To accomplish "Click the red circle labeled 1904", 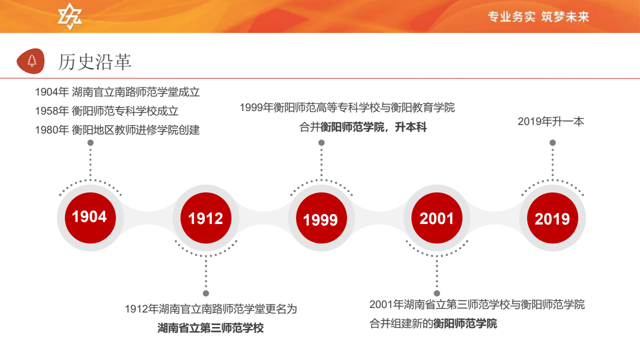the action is [90, 217].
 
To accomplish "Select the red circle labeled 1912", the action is [205, 217].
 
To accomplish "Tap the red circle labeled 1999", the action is [321, 217].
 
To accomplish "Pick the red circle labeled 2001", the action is [437, 217].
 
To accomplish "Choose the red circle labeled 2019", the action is [552, 217].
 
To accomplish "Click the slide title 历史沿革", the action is [95, 61].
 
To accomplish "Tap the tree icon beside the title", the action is [32, 61].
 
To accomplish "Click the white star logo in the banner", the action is [70, 16].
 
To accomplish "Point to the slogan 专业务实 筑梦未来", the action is [538, 16].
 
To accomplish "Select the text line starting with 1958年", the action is [106, 111].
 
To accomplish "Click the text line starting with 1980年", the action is [117, 130].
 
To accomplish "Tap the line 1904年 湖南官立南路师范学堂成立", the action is [117, 92].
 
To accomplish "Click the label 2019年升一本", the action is [551, 121].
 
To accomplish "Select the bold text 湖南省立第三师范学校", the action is [210, 327].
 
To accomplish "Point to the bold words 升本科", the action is [411, 127].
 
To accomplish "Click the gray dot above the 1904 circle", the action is [90, 142].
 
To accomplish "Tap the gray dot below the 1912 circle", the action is [206, 293].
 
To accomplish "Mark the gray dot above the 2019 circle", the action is [552, 142].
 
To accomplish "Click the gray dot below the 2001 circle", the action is [437, 293].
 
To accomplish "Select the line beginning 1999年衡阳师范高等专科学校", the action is [347, 107].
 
